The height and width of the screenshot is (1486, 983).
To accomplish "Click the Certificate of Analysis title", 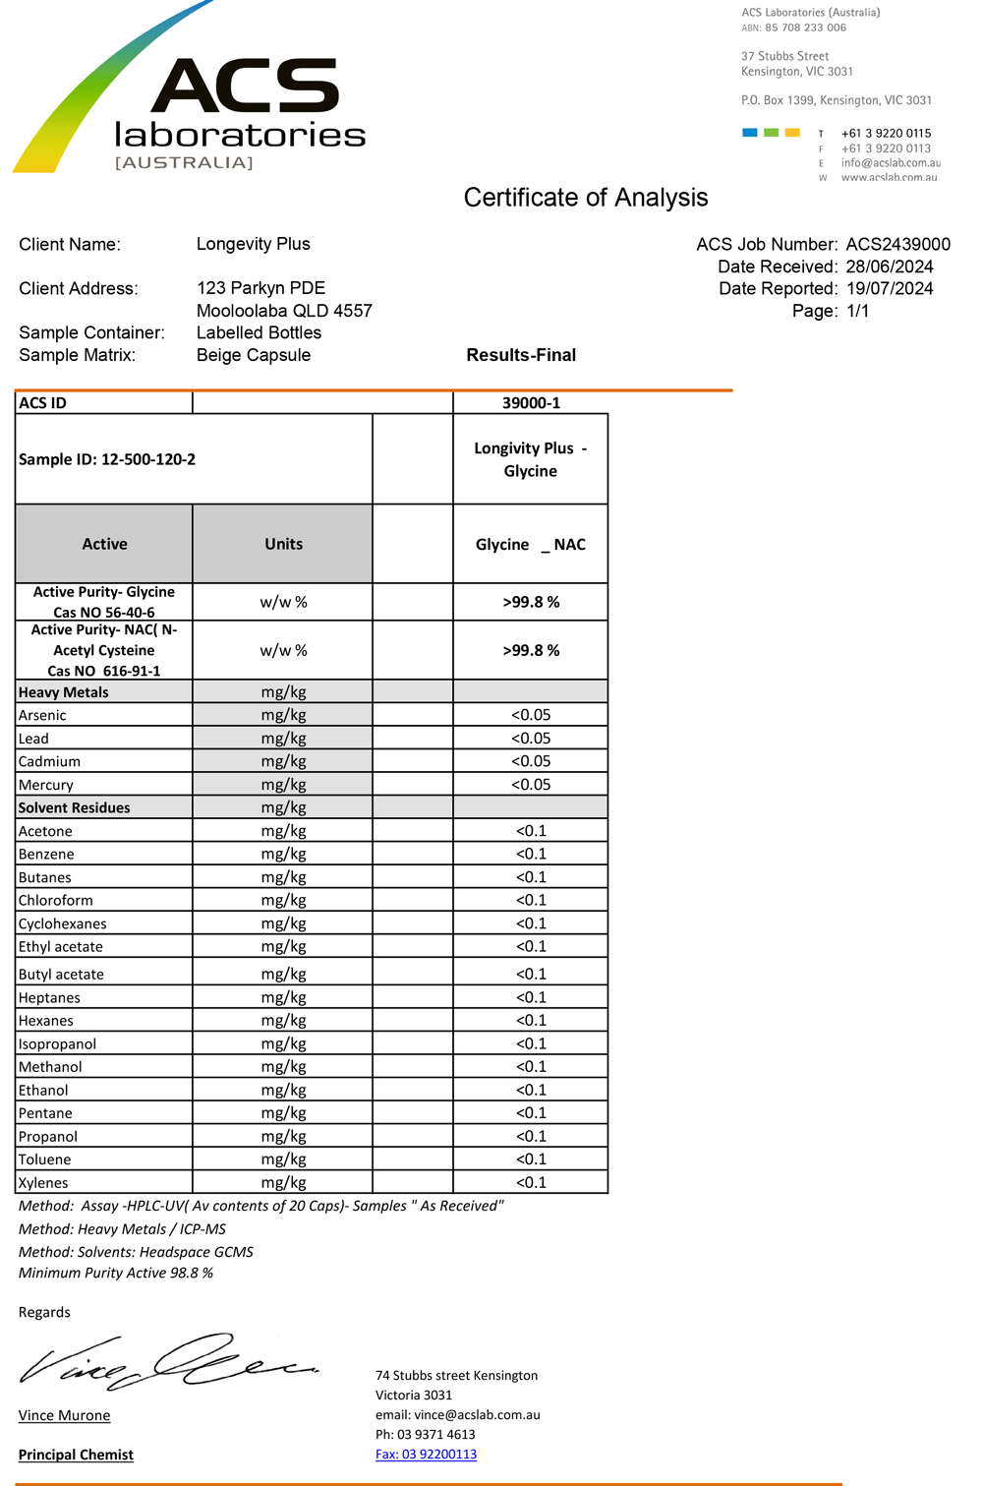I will (585, 198).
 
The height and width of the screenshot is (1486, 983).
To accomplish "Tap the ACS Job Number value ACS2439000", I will (897, 244).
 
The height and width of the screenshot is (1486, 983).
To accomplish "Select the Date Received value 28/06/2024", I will (889, 267).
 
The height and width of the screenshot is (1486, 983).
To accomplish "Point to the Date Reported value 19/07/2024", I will (889, 288).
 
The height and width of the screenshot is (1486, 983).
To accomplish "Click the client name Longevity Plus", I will (253, 244).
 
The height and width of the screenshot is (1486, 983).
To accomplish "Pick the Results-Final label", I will (521, 355).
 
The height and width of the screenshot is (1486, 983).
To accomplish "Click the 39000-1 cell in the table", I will (531, 403).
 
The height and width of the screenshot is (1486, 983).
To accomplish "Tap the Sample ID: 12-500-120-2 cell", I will (107, 459).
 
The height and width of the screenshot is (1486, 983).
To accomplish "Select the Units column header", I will (283, 544).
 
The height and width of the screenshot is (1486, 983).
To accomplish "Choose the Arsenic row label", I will (42, 715).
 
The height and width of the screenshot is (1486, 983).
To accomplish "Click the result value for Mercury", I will (531, 785).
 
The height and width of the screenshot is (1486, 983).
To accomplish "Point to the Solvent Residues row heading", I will (75, 807).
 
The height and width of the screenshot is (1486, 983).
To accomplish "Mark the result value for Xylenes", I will (531, 1182).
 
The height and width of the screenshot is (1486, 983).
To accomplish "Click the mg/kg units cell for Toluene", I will (283, 1159).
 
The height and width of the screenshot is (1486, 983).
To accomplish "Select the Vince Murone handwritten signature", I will (167, 1362).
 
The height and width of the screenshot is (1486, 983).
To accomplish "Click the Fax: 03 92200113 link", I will (426, 1455).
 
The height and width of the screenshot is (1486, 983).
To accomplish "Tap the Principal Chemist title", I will (76, 1455).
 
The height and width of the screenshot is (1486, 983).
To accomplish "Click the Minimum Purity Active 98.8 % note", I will (116, 1273).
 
